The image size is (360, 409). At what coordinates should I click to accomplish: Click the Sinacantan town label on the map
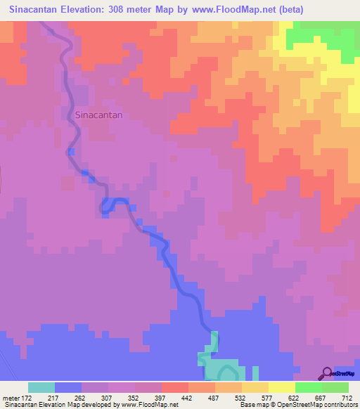coord(98,115)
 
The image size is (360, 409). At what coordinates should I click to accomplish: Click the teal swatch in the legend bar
coord(41,387)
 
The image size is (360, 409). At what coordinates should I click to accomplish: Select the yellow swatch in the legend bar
coord(281,387)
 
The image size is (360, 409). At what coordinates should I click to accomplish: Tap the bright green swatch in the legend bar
coord(308,387)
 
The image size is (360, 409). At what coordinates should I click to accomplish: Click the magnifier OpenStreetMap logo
coord(328,372)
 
